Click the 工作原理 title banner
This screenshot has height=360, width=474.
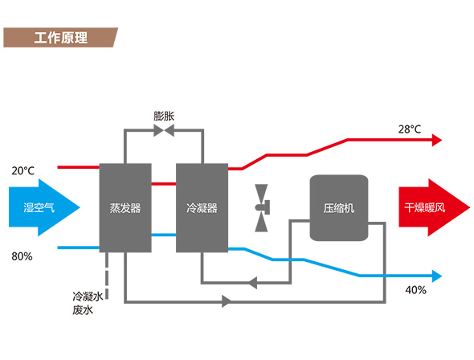60,38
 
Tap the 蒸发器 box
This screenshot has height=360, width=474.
125,207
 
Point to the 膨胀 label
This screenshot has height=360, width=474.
165,116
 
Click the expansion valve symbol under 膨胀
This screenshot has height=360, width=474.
164,130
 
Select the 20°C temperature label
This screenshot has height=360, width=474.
23,171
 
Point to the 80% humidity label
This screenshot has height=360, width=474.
22,257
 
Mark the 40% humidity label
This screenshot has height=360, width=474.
415,289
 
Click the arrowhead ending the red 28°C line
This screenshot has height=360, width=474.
437,140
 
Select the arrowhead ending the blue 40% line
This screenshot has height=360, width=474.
437,276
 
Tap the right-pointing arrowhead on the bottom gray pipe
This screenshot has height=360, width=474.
226,301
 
